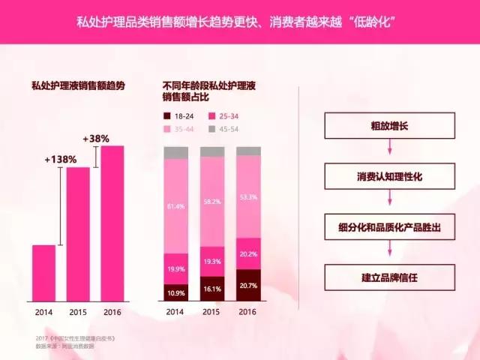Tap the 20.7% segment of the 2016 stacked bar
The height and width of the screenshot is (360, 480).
click(248, 285)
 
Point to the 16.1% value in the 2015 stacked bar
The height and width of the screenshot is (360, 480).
click(211, 288)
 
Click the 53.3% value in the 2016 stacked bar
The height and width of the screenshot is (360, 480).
click(248, 197)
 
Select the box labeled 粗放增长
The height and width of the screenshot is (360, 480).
click(389, 125)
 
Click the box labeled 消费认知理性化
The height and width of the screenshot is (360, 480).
click(389, 175)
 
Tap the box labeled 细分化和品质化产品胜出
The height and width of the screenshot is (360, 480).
click(389, 226)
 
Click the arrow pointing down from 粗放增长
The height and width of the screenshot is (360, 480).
click(389, 150)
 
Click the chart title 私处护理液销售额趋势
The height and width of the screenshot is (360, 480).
click(77, 86)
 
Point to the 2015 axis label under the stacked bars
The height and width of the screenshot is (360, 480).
click(211, 311)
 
